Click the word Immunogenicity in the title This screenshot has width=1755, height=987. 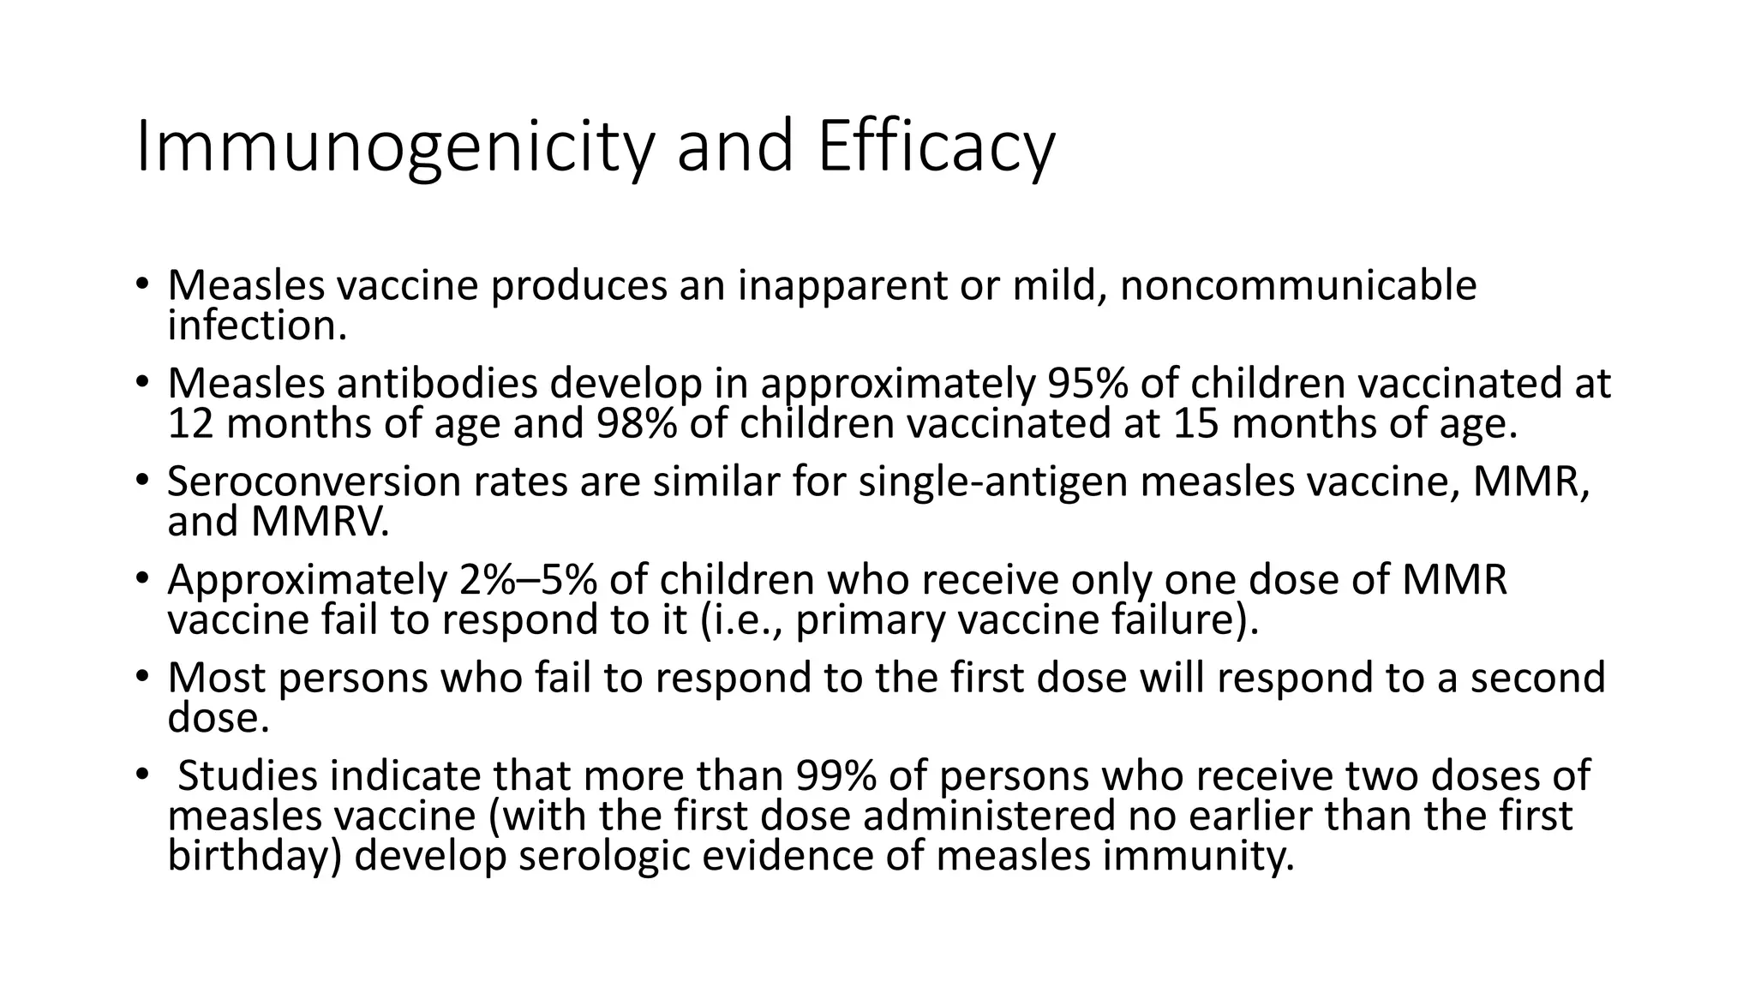click(x=393, y=147)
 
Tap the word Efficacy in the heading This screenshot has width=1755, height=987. click(x=935, y=147)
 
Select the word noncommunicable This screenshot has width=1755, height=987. click(x=1298, y=285)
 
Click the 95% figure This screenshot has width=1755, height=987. click(x=1087, y=384)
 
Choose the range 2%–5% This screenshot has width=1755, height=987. click(x=528, y=580)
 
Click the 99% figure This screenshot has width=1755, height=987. click(x=836, y=776)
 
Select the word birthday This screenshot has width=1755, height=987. click(x=255, y=856)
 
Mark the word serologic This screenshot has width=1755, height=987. click(x=604, y=856)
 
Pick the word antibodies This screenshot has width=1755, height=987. click(x=437, y=384)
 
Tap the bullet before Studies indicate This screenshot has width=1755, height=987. click(x=141, y=775)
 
